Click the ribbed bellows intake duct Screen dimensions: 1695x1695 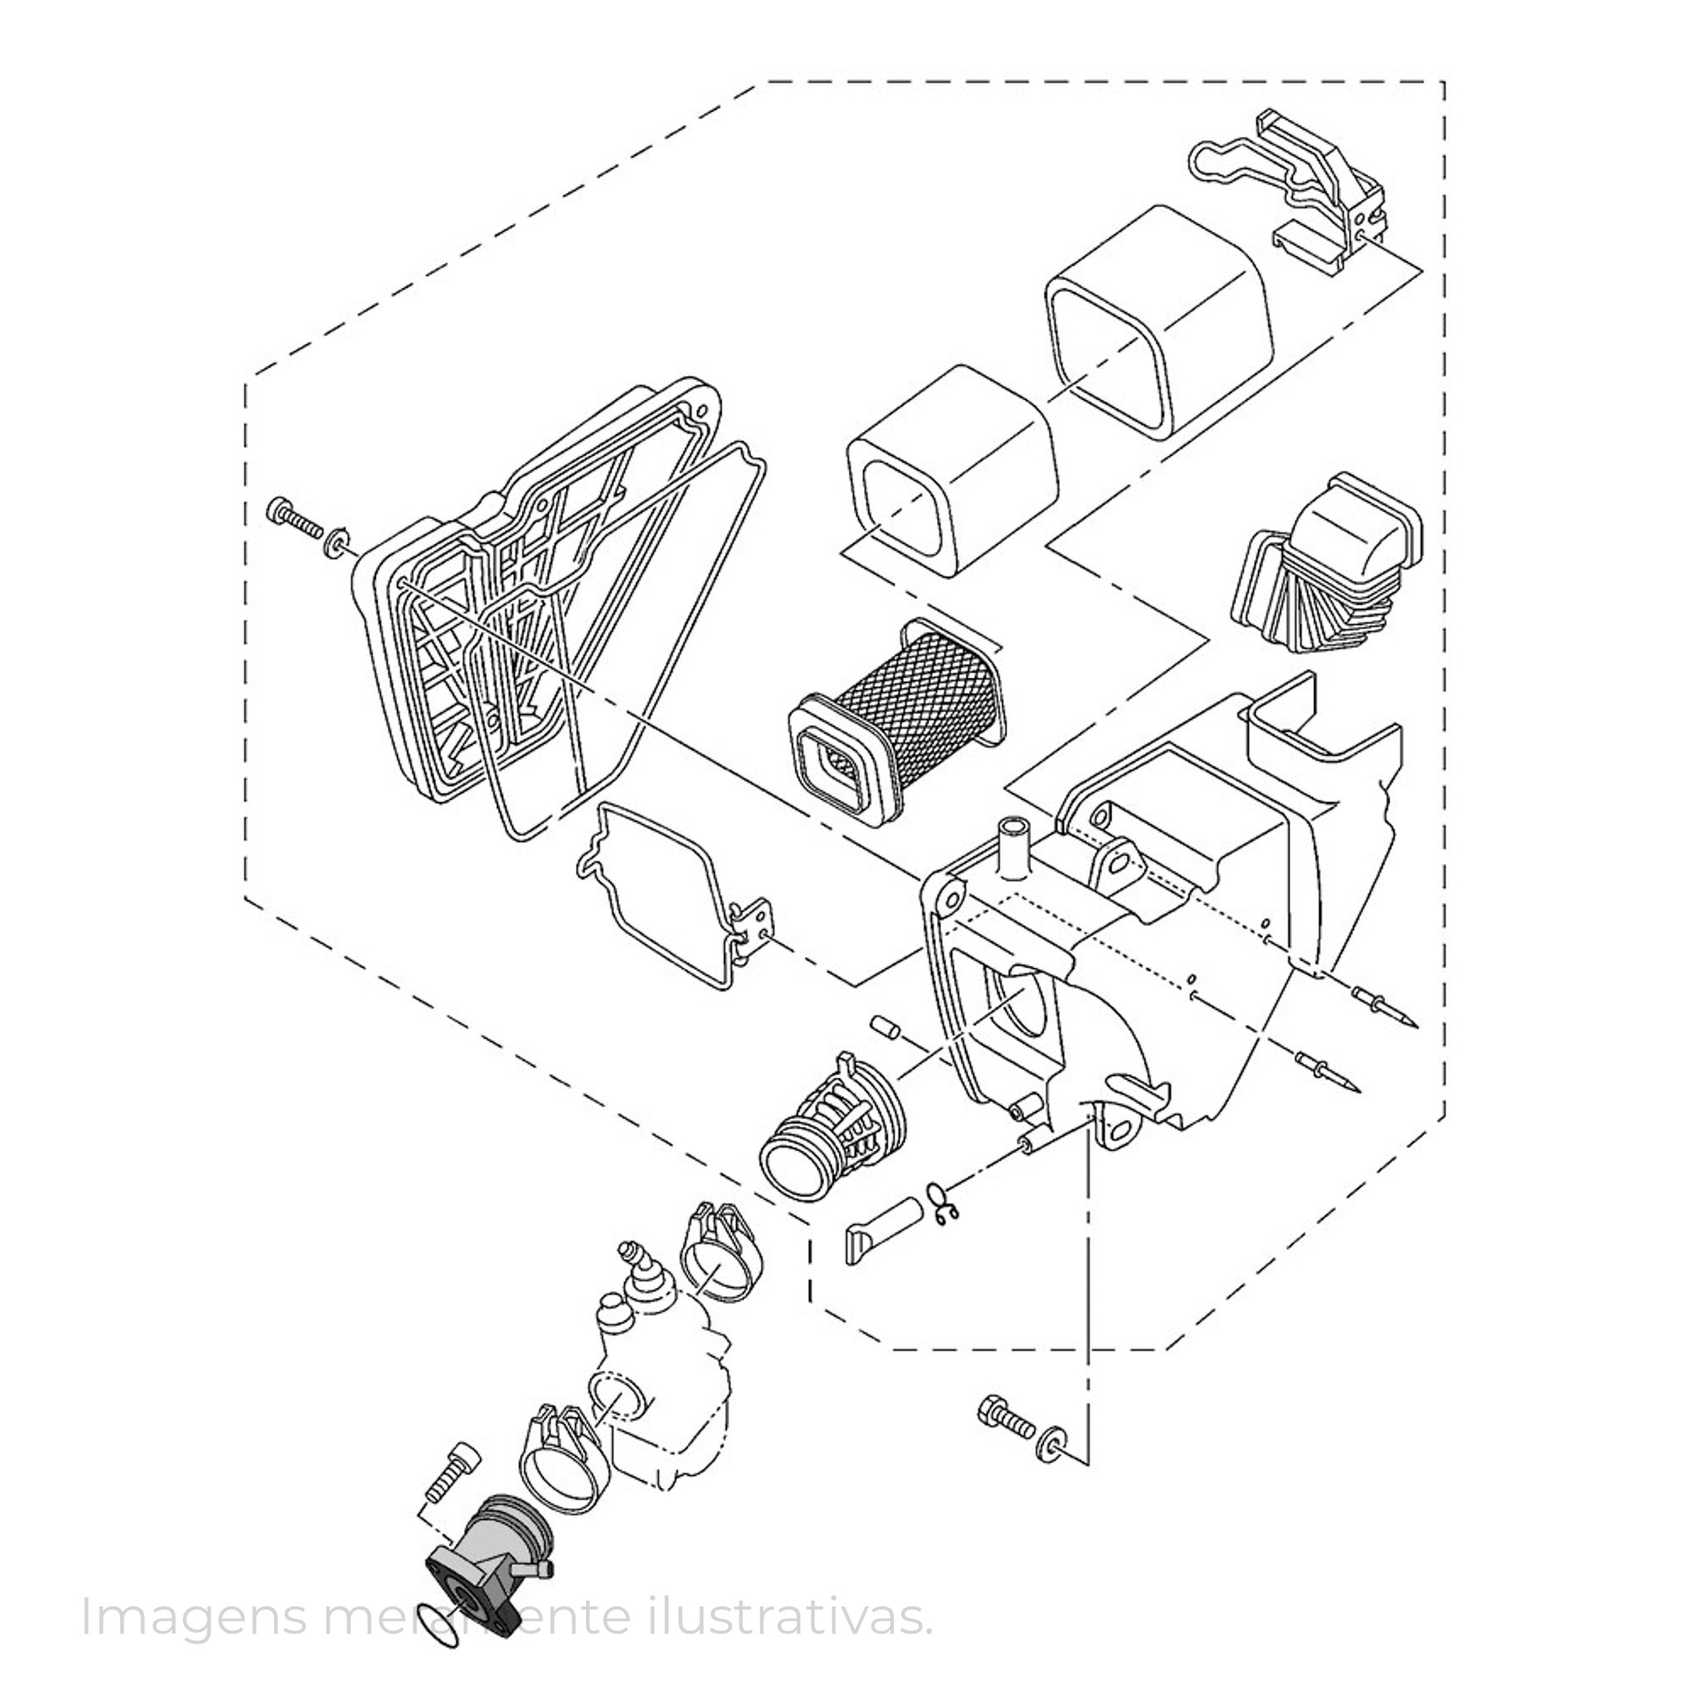point(1327,568)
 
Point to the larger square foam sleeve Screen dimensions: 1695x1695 point(1159,320)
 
